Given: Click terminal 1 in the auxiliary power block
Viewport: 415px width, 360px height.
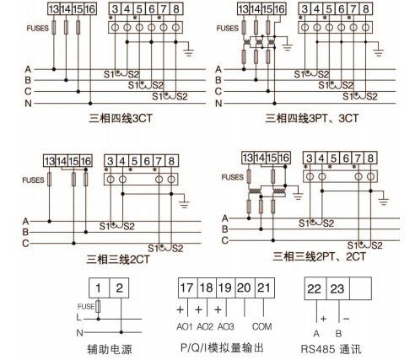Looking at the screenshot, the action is pyautogui.click(x=99, y=288).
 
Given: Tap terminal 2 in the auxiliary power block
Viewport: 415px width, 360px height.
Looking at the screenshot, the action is pyautogui.click(x=119, y=288).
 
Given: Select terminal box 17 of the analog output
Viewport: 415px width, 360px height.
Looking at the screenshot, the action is pyautogui.click(x=187, y=287).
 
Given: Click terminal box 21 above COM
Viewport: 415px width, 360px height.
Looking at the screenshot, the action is pyautogui.click(x=264, y=287).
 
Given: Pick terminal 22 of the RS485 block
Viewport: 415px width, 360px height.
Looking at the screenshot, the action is pyautogui.click(x=315, y=288).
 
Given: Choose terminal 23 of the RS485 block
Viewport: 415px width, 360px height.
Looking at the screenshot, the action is pyautogui.click(x=337, y=288).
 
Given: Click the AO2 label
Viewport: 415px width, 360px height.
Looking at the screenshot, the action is pyautogui.click(x=205, y=326).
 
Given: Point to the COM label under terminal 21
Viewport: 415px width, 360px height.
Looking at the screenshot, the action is pyautogui.click(x=262, y=326).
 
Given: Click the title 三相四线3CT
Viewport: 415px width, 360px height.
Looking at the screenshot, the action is pyautogui.click(x=121, y=118).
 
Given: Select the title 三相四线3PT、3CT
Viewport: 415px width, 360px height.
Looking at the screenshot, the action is pyautogui.click(x=312, y=118).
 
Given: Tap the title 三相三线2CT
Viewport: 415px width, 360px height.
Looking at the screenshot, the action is pyautogui.click(x=118, y=259).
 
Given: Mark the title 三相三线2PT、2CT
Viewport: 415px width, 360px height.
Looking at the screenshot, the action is pyautogui.click(x=320, y=256).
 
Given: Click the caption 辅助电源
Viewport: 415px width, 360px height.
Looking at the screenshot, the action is pyautogui.click(x=110, y=349).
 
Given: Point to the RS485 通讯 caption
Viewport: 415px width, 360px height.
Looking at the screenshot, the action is pyautogui.click(x=331, y=349).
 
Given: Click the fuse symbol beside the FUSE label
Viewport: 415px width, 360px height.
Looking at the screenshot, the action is pyautogui.click(x=98, y=306).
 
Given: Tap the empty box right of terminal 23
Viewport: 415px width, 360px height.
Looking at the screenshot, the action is pyautogui.click(x=360, y=288).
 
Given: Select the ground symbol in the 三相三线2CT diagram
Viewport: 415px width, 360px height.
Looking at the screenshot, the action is pyautogui.click(x=184, y=204).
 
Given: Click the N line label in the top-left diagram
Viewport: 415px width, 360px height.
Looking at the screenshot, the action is pyautogui.click(x=28, y=104).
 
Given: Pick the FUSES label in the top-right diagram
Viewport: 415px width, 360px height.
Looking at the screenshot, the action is pyautogui.click(x=227, y=28).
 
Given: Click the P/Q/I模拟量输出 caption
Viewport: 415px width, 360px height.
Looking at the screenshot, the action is pyautogui.click(x=222, y=348).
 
